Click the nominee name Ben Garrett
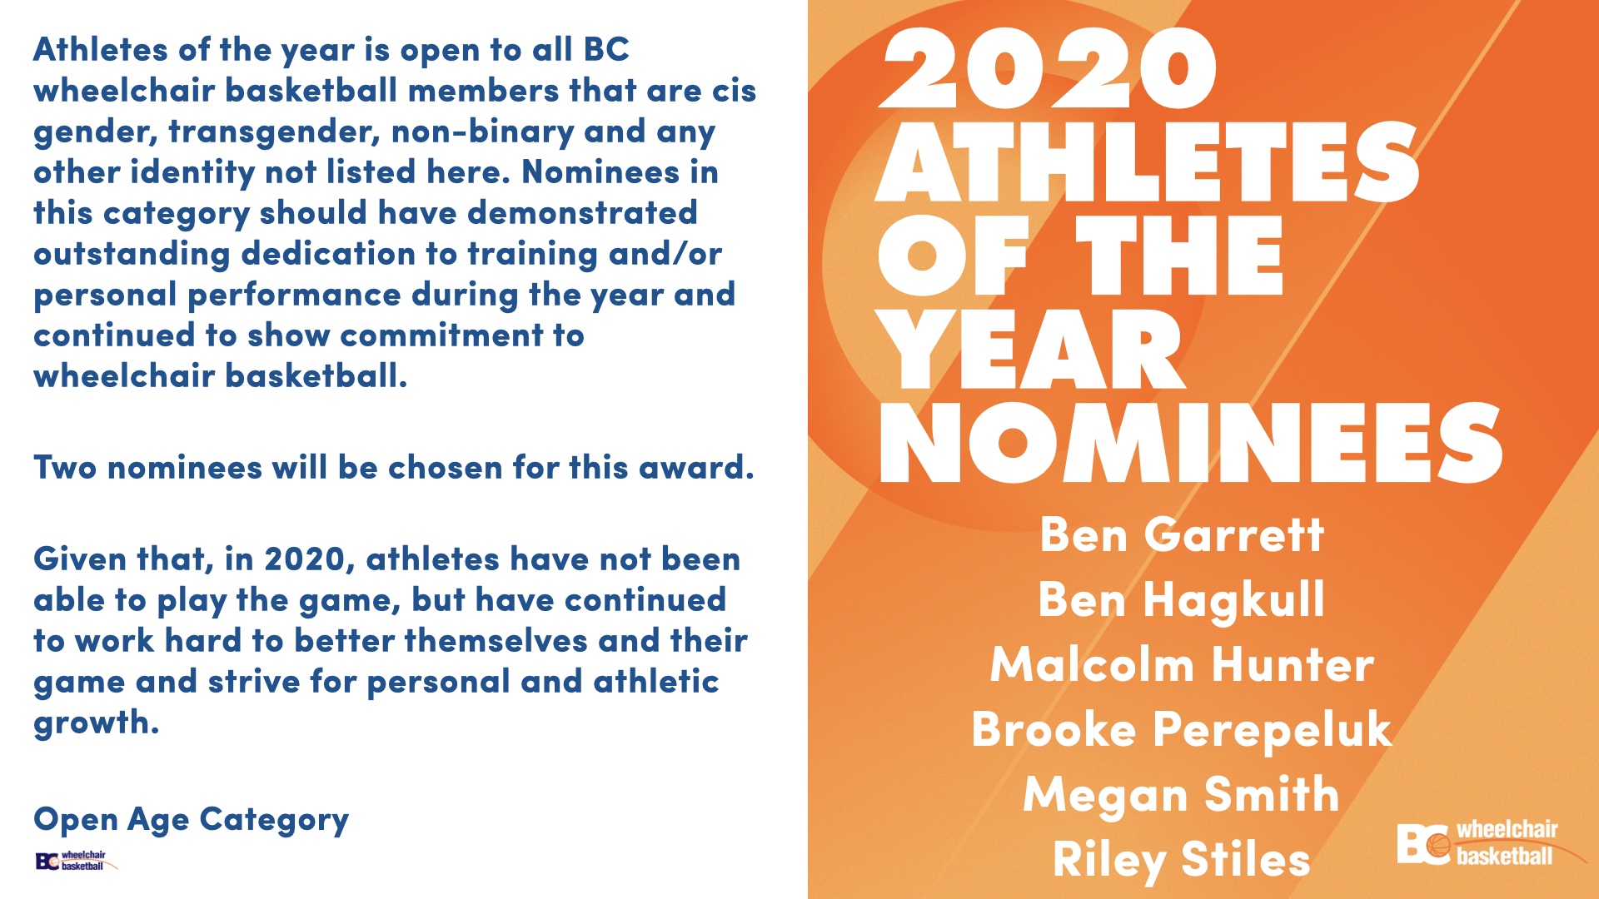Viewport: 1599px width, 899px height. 1182,534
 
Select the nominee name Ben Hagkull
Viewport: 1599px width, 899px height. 1182,600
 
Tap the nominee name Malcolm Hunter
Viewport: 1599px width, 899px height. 1182,665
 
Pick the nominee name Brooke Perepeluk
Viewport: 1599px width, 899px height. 1182,730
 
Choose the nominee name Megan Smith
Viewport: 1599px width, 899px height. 1182,795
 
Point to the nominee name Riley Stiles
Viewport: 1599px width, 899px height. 1182,860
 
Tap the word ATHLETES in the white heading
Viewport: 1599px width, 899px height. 1148,161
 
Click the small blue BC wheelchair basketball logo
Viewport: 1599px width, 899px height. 76,861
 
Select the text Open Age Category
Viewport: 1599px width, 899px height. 191,820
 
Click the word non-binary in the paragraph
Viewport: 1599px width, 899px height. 483,132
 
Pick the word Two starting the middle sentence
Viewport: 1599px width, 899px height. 65,468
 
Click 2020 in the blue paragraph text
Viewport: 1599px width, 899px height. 306,559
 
